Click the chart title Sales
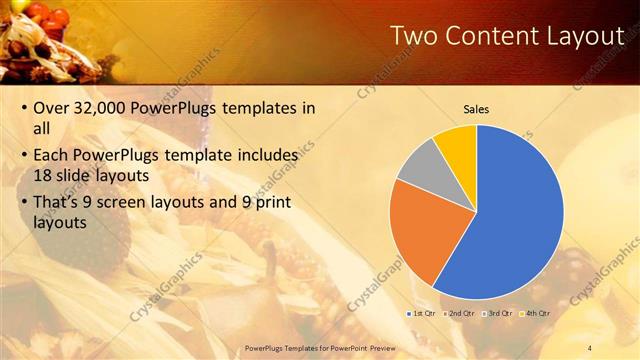476,108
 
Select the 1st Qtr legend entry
421,313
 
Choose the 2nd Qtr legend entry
459,313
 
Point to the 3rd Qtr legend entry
498,313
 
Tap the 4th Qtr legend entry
536,313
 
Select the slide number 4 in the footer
589,347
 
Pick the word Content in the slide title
484,36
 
